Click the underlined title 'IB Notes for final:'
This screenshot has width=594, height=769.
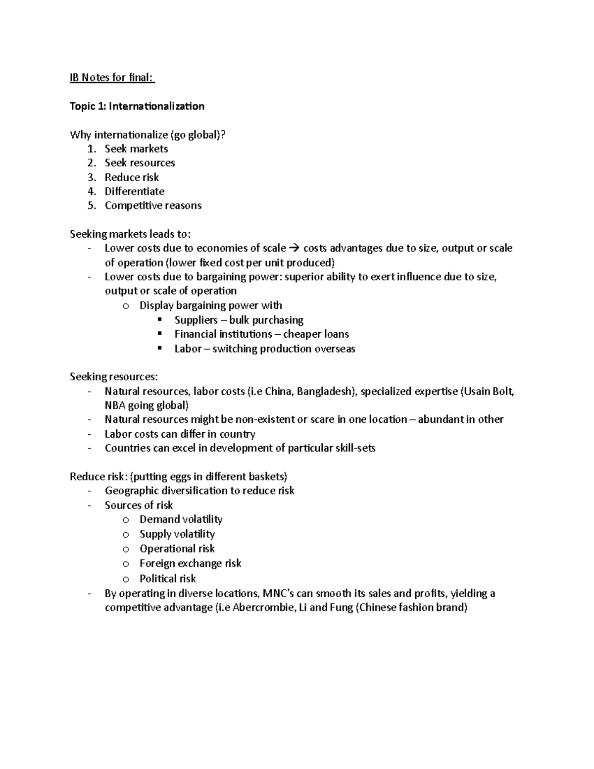(x=112, y=78)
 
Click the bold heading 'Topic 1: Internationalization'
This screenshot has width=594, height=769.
(x=137, y=106)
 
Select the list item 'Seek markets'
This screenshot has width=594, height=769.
(x=136, y=149)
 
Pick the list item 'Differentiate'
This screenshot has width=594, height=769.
(x=134, y=192)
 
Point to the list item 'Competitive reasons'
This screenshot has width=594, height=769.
(x=153, y=205)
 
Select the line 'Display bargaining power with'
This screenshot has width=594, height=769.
(x=210, y=306)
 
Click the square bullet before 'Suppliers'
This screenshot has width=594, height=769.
(x=159, y=319)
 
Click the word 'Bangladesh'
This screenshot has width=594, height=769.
(x=328, y=392)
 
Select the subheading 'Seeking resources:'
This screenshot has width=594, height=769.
(x=114, y=377)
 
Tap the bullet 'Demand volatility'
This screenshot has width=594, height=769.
(x=181, y=519)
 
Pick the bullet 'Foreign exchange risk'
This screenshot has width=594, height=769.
(x=190, y=564)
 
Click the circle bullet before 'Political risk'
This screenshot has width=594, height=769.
(x=126, y=579)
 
